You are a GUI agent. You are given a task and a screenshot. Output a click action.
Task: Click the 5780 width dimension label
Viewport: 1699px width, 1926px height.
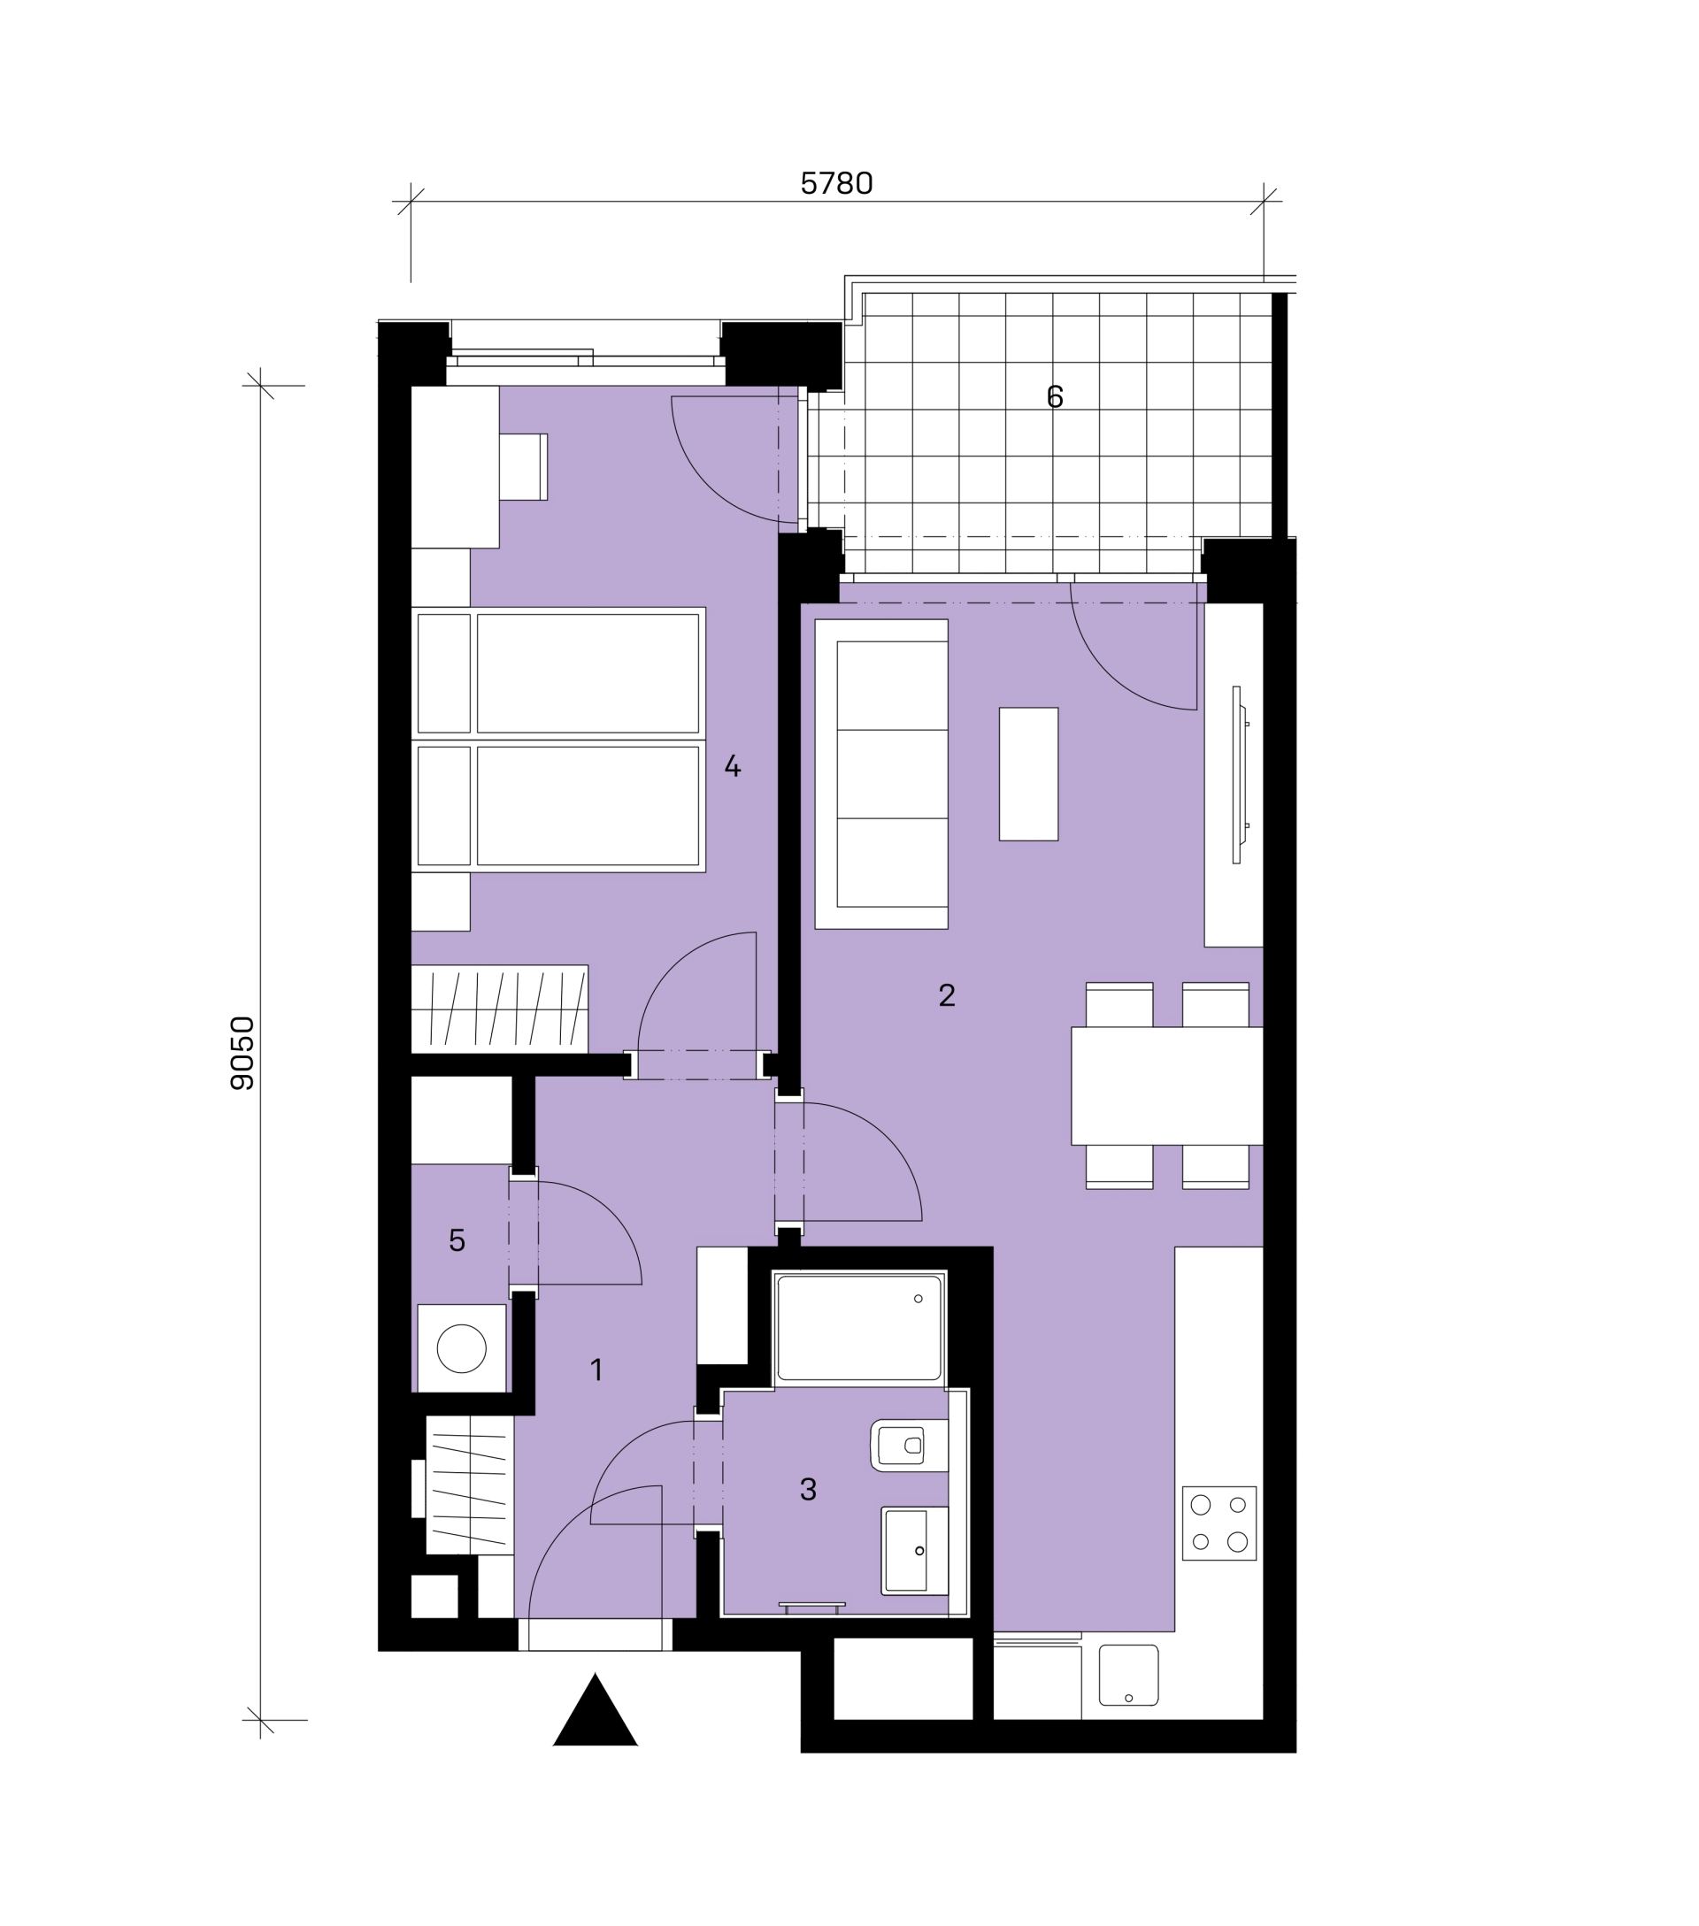point(836,183)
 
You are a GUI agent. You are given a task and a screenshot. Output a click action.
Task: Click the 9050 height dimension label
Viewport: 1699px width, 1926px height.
point(243,1053)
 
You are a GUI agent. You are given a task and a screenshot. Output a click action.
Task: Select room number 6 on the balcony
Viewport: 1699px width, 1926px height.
point(1055,396)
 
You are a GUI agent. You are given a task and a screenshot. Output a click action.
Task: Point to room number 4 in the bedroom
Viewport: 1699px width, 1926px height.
point(732,766)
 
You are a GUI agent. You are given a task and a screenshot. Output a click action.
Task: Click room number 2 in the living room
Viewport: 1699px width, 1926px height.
point(947,995)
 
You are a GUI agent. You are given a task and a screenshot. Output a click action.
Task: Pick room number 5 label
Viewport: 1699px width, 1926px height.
point(457,1241)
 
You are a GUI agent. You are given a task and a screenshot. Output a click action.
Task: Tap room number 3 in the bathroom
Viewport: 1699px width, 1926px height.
point(808,1490)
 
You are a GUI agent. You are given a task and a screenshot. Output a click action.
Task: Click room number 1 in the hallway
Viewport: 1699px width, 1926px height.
point(596,1370)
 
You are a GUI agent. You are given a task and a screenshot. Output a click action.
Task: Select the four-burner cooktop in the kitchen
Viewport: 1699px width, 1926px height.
point(1219,1523)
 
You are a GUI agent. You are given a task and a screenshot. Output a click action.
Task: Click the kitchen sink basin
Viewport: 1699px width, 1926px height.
point(1129,1675)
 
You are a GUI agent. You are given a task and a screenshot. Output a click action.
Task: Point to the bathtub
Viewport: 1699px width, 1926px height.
point(858,1328)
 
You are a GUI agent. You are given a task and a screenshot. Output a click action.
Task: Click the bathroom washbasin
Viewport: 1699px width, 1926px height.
point(915,1550)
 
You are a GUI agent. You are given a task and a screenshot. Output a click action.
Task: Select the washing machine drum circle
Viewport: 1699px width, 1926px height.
point(462,1348)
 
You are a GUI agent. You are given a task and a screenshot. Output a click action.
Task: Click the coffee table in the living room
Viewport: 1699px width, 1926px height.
point(1028,773)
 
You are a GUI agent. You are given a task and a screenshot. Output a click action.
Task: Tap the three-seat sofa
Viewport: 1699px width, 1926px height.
point(881,773)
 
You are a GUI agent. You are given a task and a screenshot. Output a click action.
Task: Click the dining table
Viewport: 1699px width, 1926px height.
point(1166,1086)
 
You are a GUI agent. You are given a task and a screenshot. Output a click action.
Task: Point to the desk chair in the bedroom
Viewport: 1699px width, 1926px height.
point(523,466)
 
